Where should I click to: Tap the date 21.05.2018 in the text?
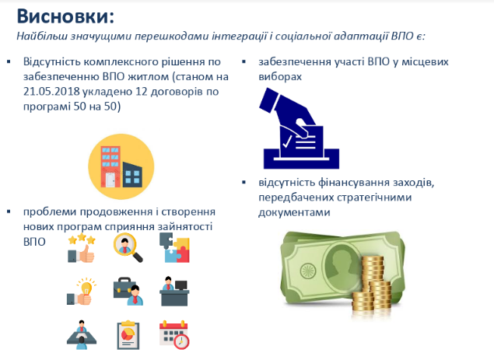[51, 91]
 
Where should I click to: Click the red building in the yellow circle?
[110, 167]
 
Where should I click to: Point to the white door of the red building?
[110, 180]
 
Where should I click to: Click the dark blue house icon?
[132, 174]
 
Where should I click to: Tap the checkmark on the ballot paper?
[287, 142]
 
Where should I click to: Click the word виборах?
[280, 76]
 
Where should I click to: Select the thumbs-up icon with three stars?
[81, 248]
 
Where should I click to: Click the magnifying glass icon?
[128, 247]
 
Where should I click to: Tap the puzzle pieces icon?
[174, 247]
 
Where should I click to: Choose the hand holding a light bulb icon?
[81, 292]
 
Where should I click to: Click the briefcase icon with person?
[128, 292]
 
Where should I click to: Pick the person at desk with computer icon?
[174, 292]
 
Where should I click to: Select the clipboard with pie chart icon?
[128, 335]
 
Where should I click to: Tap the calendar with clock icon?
[174, 335]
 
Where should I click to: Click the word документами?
[294, 212]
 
